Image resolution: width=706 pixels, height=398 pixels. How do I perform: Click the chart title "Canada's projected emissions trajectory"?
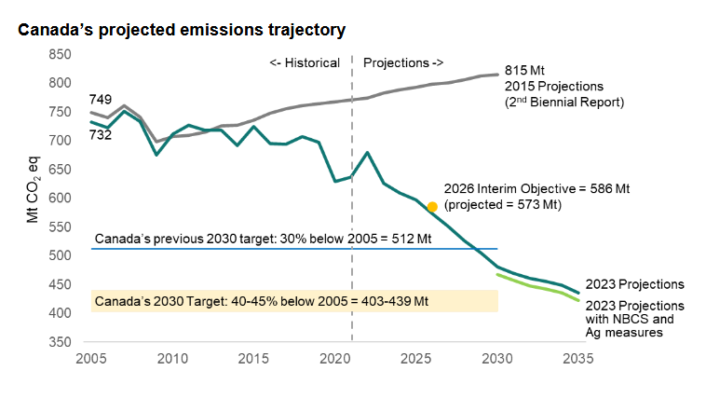pyautogui.click(x=182, y=30)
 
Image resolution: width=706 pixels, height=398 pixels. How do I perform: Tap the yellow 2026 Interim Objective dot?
pyautogui.click(x=432, y=207)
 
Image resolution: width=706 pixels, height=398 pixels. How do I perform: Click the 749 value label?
pyautogui.click(x=102, y=99)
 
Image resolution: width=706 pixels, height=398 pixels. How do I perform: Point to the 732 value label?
pyautogui.click(x=102, y=135)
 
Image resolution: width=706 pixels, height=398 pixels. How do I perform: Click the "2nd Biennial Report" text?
pyautogui.click(x=563, y=101)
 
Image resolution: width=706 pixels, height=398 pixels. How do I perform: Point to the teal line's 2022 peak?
pyautogui.click(x=368, y=152)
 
